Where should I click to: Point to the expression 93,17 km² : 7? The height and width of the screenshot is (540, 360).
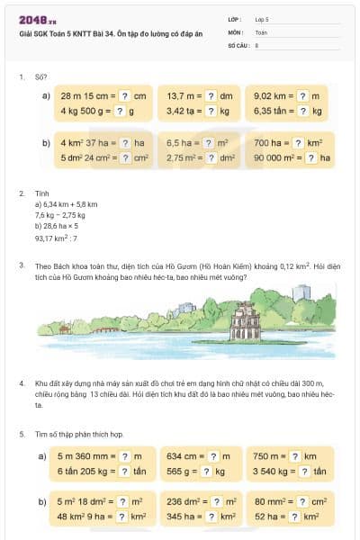pos(57,238)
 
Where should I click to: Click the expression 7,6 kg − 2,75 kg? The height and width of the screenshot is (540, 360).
pos(60,215)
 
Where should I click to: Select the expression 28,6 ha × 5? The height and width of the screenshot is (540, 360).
pos(60,227)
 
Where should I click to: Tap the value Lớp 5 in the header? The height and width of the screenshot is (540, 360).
pos(262,18)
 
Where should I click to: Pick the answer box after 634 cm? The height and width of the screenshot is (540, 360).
pos(212,456)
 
